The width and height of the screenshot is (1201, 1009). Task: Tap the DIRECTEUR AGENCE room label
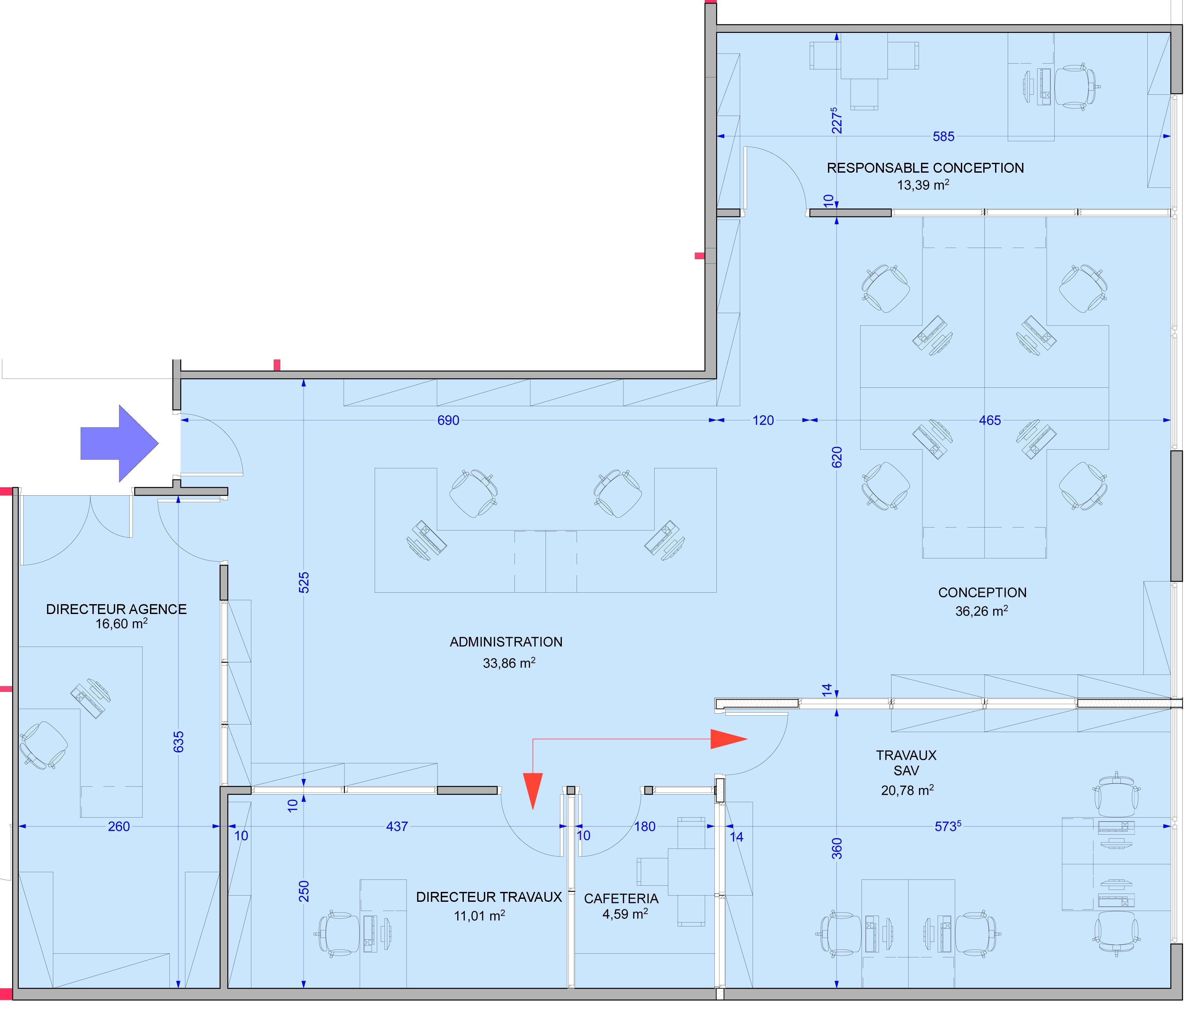[117, 609]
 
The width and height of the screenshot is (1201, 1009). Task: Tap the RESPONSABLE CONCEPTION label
[925, 168]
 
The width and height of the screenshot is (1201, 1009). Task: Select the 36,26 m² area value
[982, 611]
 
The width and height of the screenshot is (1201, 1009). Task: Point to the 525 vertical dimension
[304, 582]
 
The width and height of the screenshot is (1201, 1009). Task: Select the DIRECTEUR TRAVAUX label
[489, 897]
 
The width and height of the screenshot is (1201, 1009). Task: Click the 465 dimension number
[990, 420]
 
